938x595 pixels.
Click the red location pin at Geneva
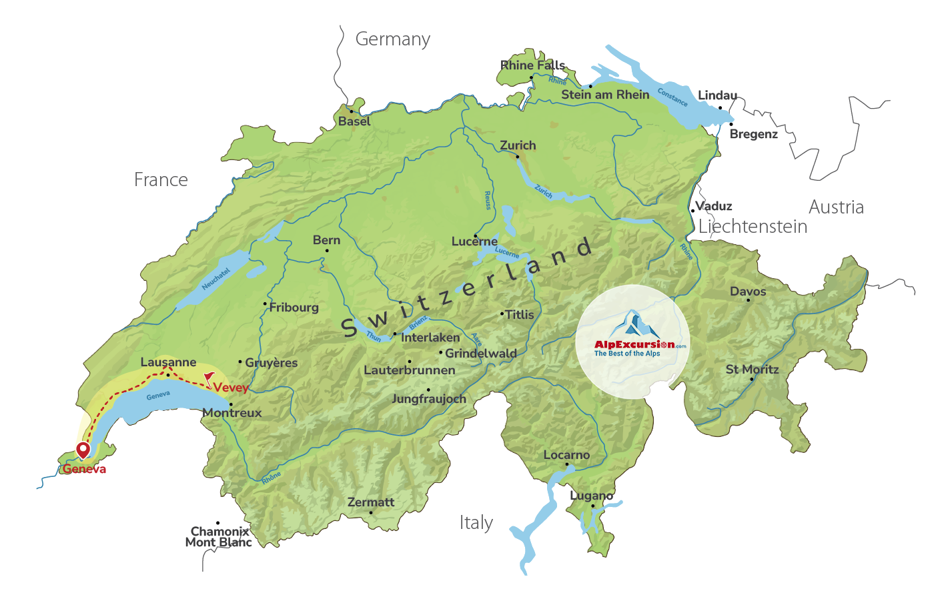tap(83, 450)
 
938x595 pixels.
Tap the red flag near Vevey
tap(209, 378)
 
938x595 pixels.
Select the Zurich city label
tap(518, 145)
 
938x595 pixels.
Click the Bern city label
tap(326, 240)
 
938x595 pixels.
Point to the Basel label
tap(354, 121)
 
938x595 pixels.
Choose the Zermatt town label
tap(371, 502)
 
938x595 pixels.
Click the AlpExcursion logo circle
tap(632, 342)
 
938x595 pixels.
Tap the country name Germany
tap(392, 39)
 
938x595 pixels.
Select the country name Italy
tap(476, 522)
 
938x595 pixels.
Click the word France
tap(161, 180)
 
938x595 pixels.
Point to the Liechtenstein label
tap(753, 227)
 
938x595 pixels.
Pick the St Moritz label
tap(752, 370)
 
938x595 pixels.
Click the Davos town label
tap(748, 291)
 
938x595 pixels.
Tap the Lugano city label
tap(591, 496)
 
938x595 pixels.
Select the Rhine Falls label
tap(532, 65)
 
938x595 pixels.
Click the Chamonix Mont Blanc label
tap(219, 537)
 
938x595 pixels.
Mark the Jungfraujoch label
tap(428, 399)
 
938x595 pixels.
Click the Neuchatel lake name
tap(215, 279)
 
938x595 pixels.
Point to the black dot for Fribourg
tap(265, 304)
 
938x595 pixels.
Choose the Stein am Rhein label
tap(605, 95)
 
